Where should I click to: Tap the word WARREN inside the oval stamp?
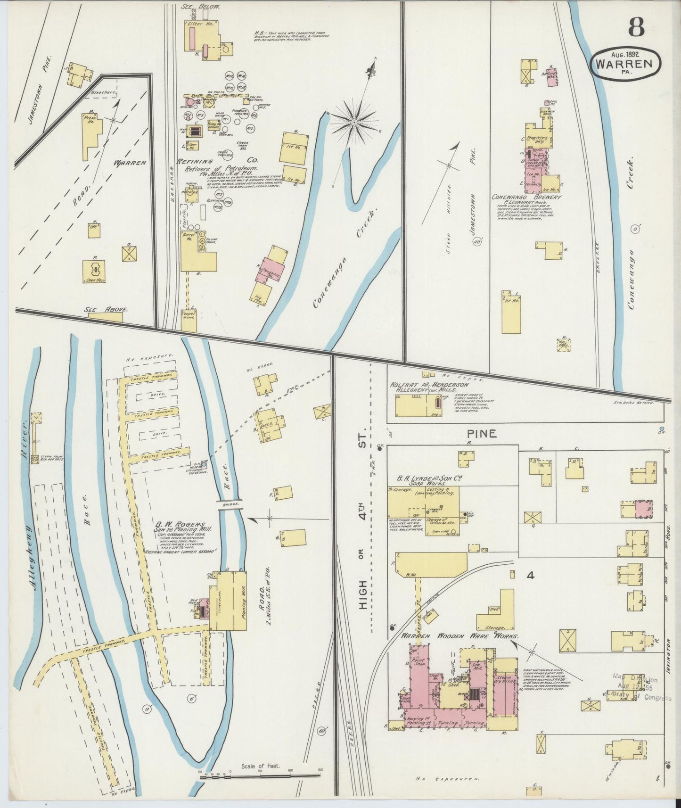point(624,64)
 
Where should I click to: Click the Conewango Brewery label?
point(525,197)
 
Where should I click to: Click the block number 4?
point(530,576)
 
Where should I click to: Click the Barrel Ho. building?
point(190,250)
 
